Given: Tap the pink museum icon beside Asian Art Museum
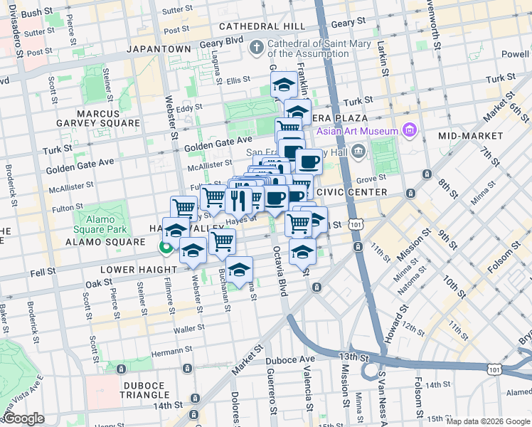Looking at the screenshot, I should coord(408,130).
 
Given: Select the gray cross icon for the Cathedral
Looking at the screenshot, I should coord(257,48).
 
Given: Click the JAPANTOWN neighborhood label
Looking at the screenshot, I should coord(159,49).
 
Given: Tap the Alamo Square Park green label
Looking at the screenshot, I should coord(101,223).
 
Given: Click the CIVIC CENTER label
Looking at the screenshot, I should coord(351,192).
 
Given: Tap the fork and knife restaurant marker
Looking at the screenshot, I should coord(238,199).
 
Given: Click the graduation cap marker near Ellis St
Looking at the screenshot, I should coord(284,85).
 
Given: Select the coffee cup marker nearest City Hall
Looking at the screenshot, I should coord(308,162).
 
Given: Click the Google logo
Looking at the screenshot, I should coord(23,419).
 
